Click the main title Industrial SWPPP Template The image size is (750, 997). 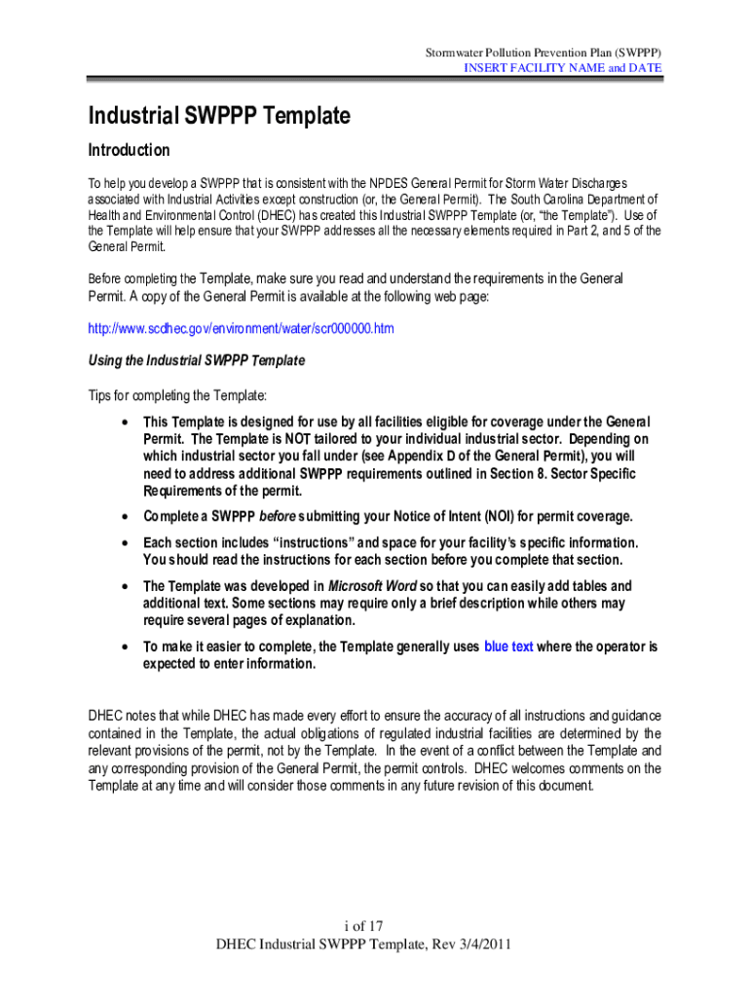pos(219,117)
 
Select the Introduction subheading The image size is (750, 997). pos(130,150)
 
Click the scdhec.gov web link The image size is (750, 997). pos(241,329)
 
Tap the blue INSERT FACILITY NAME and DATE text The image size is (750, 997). pos(562,68)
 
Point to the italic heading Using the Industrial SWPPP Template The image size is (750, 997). pos(197,360)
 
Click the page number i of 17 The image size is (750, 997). pos(374,926)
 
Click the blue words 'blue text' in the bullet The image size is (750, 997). pos(508,646)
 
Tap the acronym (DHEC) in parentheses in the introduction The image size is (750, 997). pos(259,215)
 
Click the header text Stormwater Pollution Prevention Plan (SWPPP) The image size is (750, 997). pos(544,51)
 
